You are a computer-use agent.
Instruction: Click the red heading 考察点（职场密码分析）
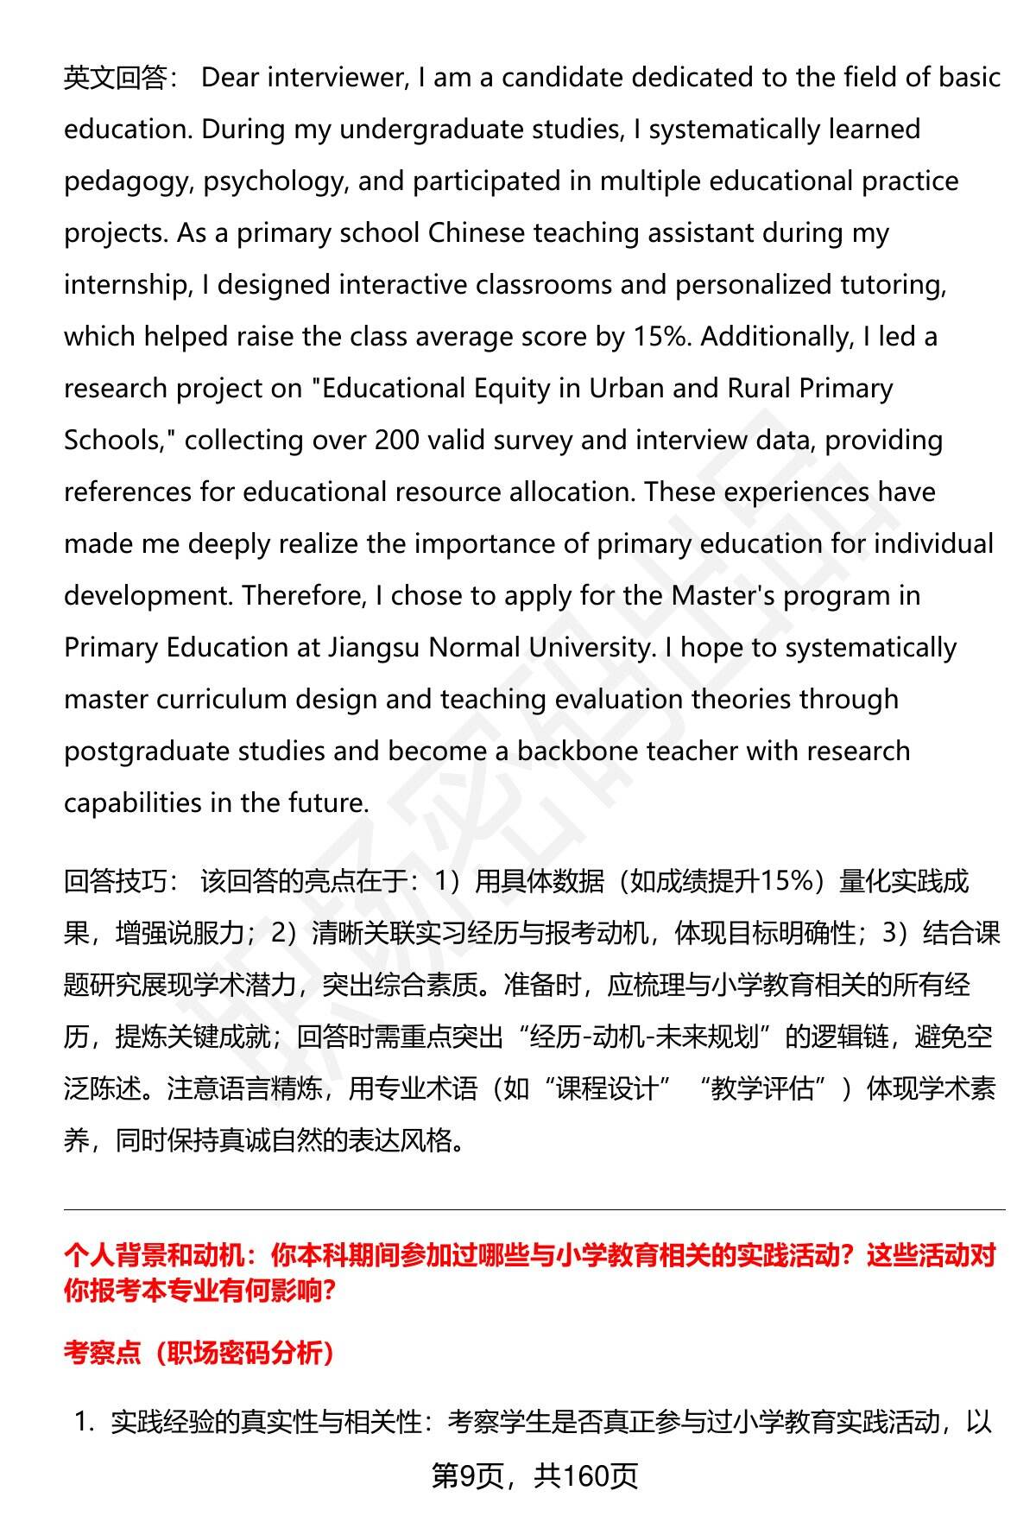tap(199, 1354)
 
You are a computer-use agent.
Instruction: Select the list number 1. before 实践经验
tap(85, 1423)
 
